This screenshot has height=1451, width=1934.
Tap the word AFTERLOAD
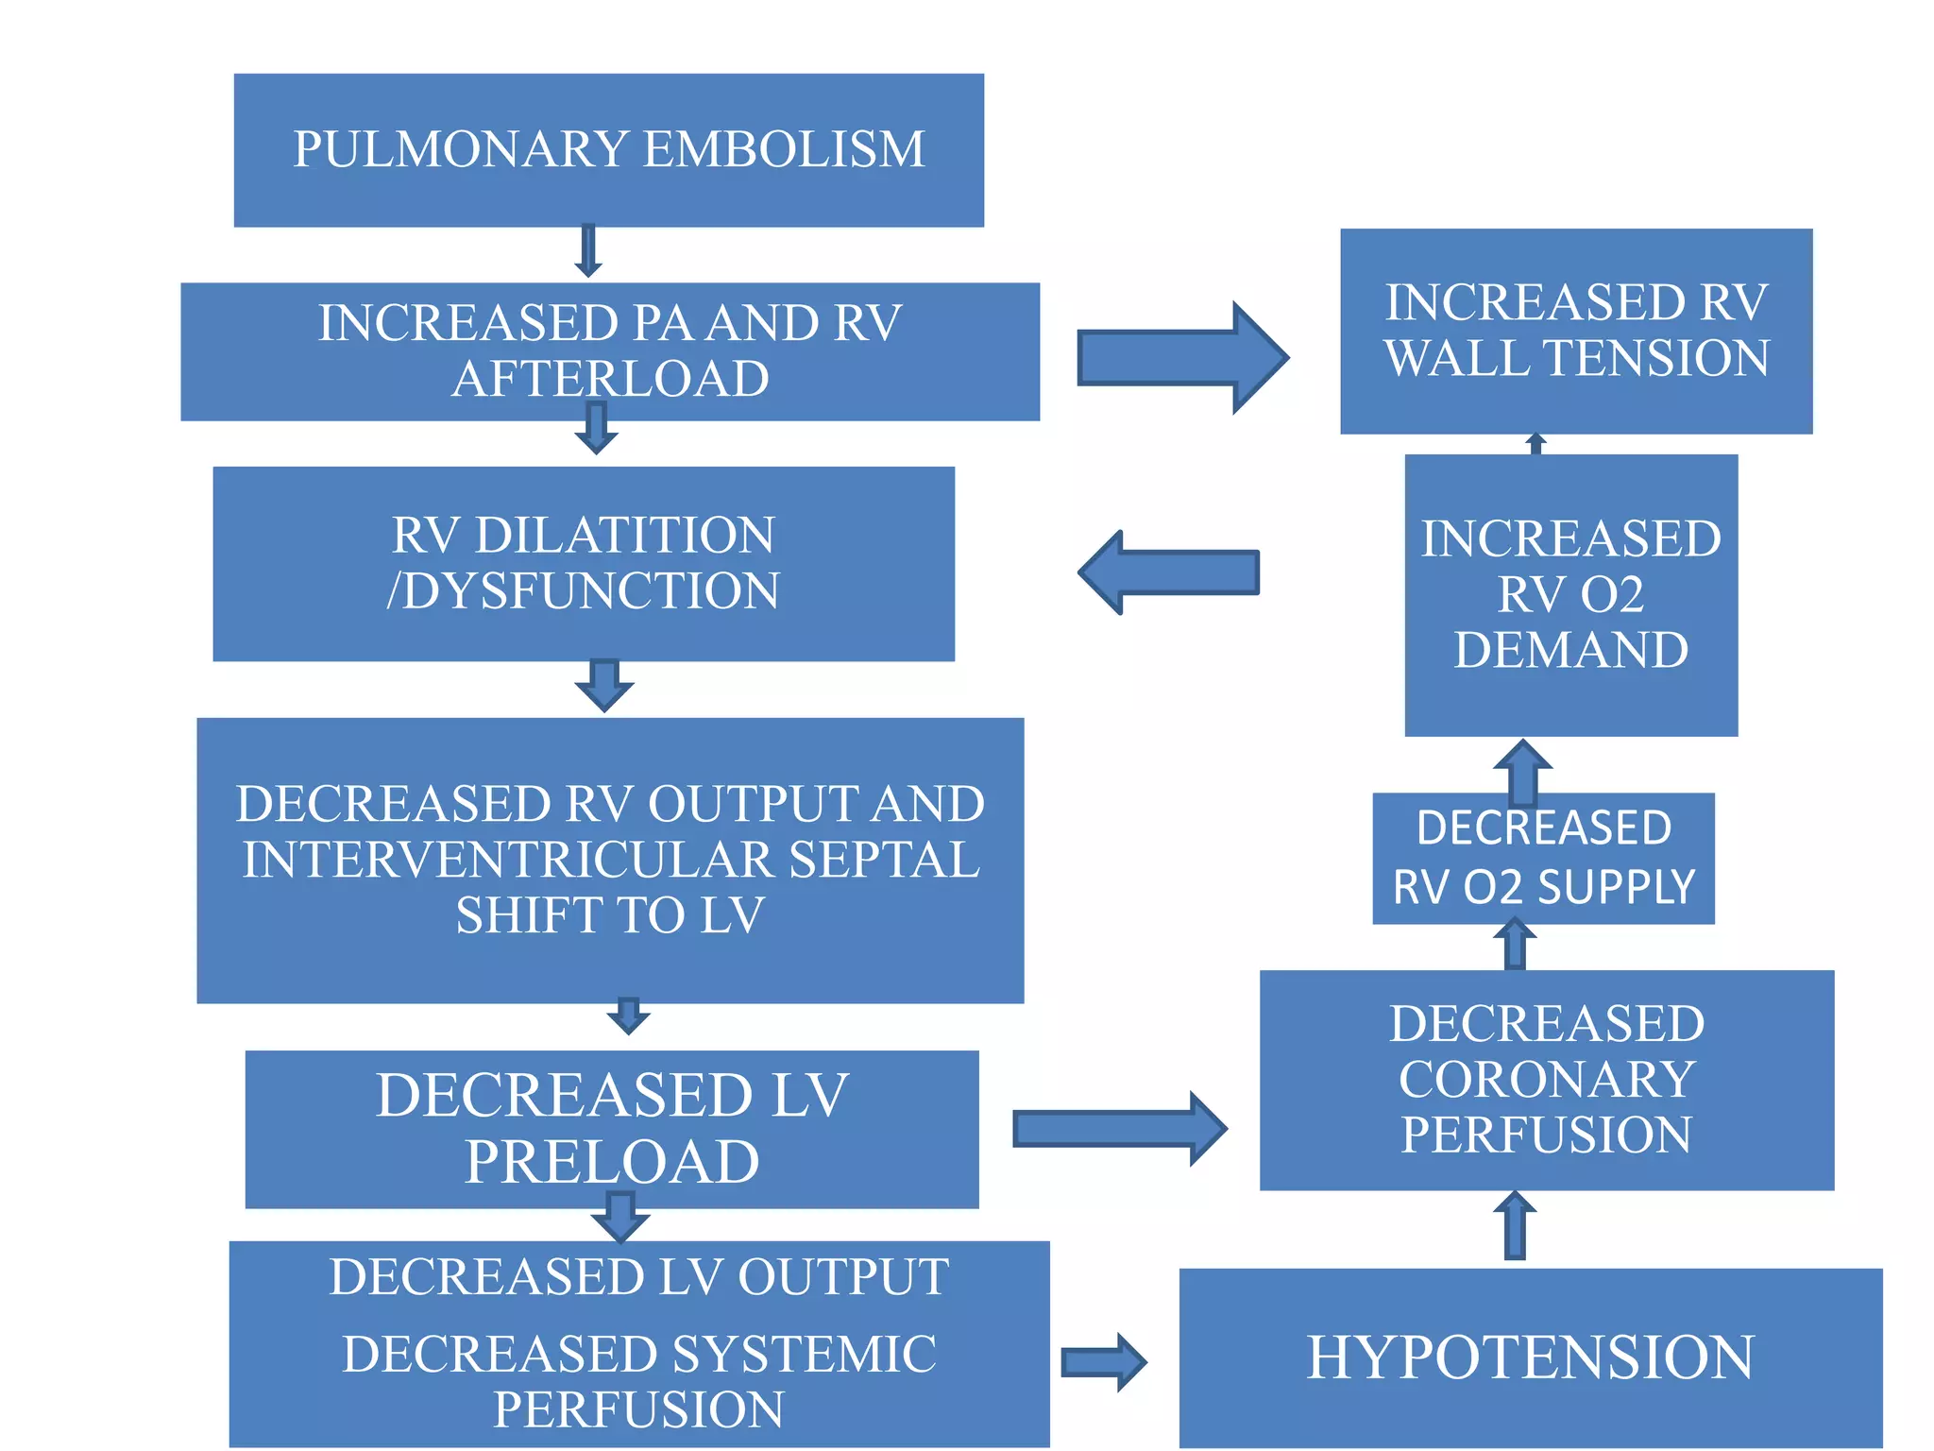coord(610,379)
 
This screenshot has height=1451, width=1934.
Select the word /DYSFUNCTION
coord(584,590)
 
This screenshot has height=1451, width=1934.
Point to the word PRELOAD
coord(612,1162)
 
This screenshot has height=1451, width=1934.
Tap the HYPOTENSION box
coord(1530,1357)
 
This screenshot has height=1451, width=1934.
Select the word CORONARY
coord(1547,1079)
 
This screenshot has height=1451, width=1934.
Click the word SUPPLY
coord(1617,888)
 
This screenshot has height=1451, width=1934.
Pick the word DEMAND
coord(1571,650)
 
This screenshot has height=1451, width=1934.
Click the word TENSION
coord(1655,358)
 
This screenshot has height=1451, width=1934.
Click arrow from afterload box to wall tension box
coord(1182,358)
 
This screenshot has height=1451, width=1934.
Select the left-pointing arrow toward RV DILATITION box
coord(1168,572)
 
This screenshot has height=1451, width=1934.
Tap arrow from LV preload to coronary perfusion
coord(1119,1129)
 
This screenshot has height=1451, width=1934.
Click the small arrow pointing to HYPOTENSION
coord(1103,1362)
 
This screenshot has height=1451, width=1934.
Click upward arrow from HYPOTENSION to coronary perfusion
coord(1515,1225)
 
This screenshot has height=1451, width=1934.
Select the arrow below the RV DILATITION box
coord(604,686)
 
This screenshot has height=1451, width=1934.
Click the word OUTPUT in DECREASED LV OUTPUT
coord(843,1277)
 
